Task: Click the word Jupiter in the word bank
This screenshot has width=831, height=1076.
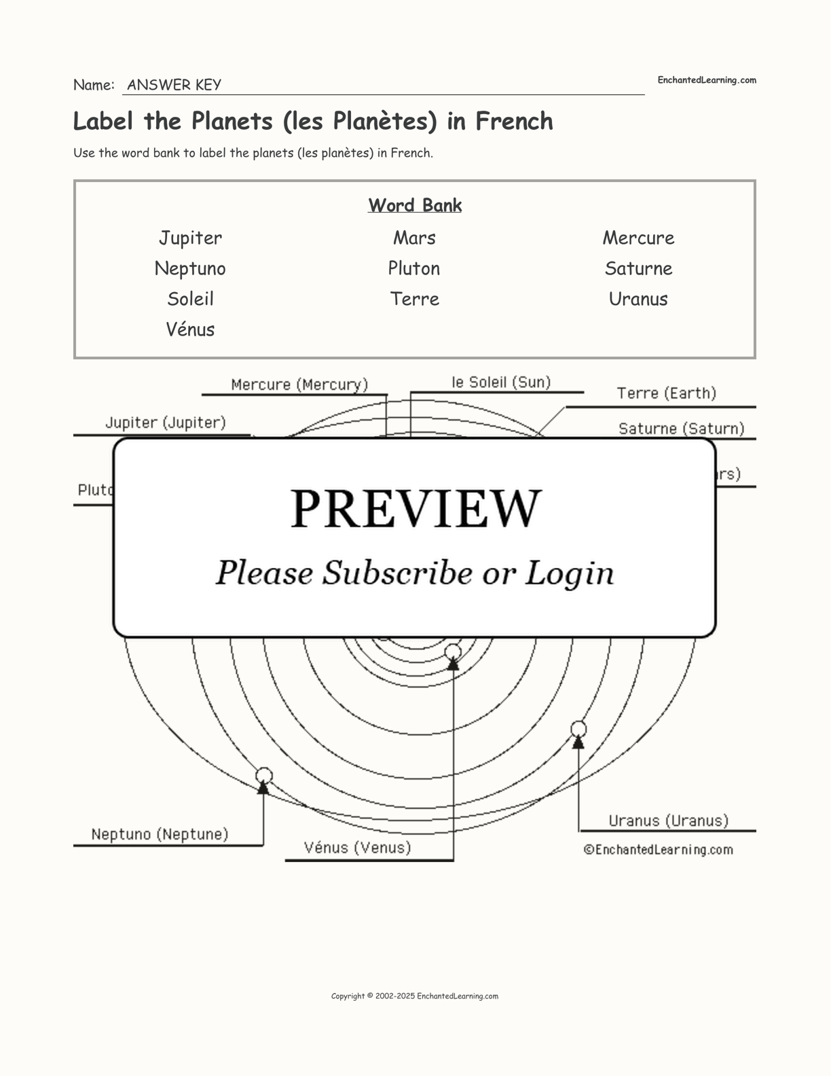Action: pos(190,238)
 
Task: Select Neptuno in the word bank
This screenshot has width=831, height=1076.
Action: pos(190,268)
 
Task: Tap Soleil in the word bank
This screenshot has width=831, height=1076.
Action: pos(190,299)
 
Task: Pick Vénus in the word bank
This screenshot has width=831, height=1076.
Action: pos(190,329)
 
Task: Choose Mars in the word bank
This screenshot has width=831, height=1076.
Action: pos(414,238)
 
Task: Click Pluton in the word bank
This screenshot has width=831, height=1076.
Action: pos(414,268)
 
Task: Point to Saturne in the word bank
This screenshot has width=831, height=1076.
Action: pos(638,268)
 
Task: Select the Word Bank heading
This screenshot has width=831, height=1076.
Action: pos(415,205)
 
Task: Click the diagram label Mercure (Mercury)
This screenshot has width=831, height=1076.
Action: pos(299,384)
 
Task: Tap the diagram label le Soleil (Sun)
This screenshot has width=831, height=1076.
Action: pos(501,382)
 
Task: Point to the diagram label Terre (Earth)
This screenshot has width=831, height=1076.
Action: pos(666,393)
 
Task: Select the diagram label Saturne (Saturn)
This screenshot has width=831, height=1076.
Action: pos(681,429)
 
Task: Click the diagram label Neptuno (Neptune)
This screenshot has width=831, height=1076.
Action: pos(160,834)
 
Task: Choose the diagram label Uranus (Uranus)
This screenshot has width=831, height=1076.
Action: pos(668,821)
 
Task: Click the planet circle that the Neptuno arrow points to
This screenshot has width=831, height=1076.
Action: pos(264,775)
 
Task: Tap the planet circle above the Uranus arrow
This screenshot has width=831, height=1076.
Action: pos(578,729)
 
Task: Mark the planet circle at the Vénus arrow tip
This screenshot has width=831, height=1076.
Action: pos(453,653)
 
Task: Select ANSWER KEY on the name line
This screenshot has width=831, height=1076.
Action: pos(174,85)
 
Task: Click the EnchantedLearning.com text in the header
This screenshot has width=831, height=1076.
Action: pos(706,80)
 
